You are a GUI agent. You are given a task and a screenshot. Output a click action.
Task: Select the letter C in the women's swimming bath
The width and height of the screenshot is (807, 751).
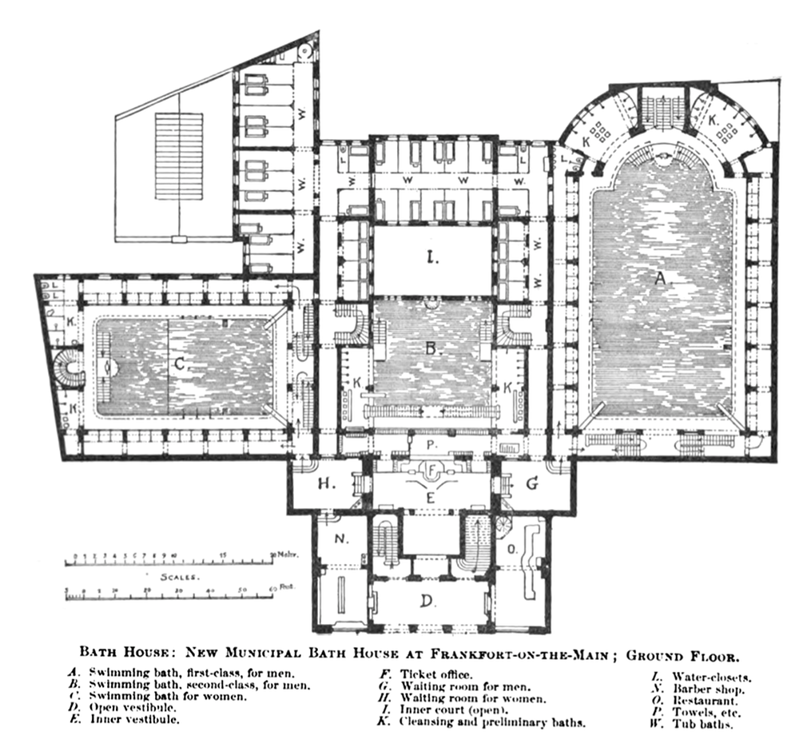click(x=180, y=364)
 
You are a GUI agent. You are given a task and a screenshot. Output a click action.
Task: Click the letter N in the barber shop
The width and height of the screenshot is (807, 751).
click(x=341, y=538)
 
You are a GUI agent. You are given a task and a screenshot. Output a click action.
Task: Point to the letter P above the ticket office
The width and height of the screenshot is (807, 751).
click(x=430, y=444)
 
